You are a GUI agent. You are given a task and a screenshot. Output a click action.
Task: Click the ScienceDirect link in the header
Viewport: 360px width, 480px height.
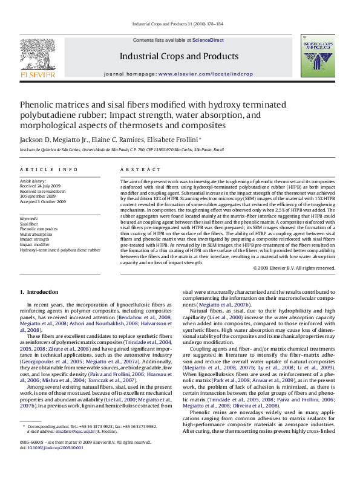(208, 40)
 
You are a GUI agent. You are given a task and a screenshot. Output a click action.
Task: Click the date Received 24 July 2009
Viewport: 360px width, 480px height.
(41, 186)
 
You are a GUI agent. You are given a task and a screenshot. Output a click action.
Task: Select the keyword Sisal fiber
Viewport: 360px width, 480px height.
(29, 224)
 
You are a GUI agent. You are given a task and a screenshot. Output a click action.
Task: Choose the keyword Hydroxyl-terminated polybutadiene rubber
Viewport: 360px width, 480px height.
(60, 249)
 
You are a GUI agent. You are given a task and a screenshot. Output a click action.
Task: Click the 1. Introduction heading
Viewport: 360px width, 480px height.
(39, 293)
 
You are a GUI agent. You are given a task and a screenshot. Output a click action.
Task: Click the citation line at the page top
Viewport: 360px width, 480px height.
(180, 25)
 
